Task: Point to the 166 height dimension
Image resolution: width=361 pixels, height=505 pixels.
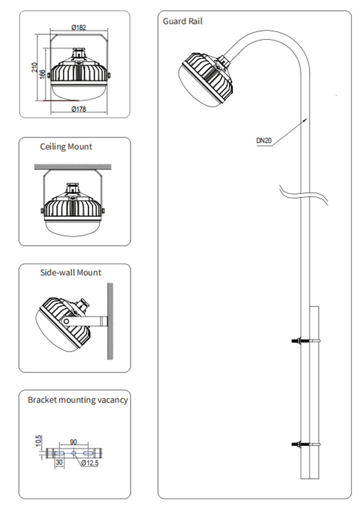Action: point(43,73)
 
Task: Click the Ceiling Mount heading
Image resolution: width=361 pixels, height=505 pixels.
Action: point(66,147)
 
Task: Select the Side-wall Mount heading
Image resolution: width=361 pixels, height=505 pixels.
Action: point(71,273)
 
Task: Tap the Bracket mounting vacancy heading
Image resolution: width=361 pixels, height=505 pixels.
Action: point(78,400)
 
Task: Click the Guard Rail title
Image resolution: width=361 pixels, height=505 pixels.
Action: point(183,22)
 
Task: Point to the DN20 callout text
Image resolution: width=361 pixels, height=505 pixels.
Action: point(264,141)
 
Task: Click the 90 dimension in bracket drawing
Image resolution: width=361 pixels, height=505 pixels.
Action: point(73,442)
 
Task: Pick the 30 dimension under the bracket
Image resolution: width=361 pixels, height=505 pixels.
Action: point(59,463)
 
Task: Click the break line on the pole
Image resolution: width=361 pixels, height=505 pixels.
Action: point(304,194)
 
